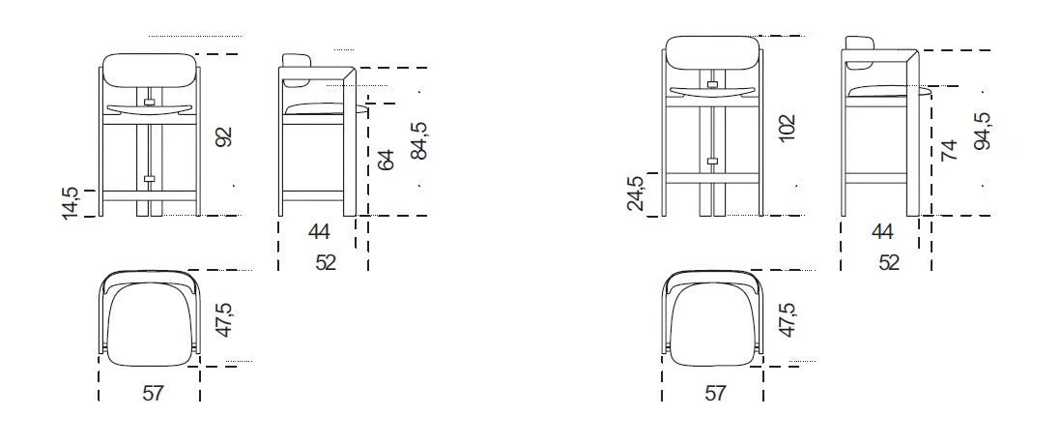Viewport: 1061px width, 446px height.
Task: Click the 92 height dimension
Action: coord(225,136)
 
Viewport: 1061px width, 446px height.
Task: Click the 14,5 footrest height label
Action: coord(71,203)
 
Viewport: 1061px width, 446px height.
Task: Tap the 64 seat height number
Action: coord(385,161)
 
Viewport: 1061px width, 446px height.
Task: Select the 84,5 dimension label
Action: coord(418,141)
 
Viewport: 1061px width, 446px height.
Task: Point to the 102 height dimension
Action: coord(787,128)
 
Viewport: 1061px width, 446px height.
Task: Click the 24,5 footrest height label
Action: coord(636,193)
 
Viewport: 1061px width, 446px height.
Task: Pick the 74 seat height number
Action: coord(949,150)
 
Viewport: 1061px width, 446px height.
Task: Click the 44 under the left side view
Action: coord(319,232)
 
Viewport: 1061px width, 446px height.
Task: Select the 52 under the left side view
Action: coord(326,262)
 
